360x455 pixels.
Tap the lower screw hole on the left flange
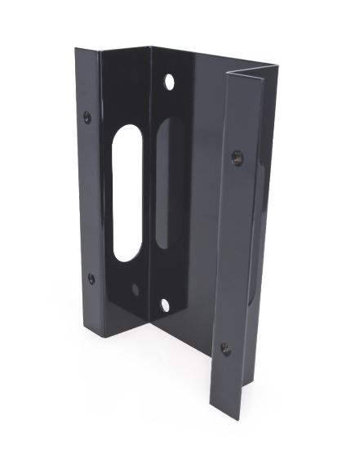pos(91,278)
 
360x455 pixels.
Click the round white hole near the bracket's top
pos(171,83)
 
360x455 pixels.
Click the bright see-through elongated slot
pos(128,193)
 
